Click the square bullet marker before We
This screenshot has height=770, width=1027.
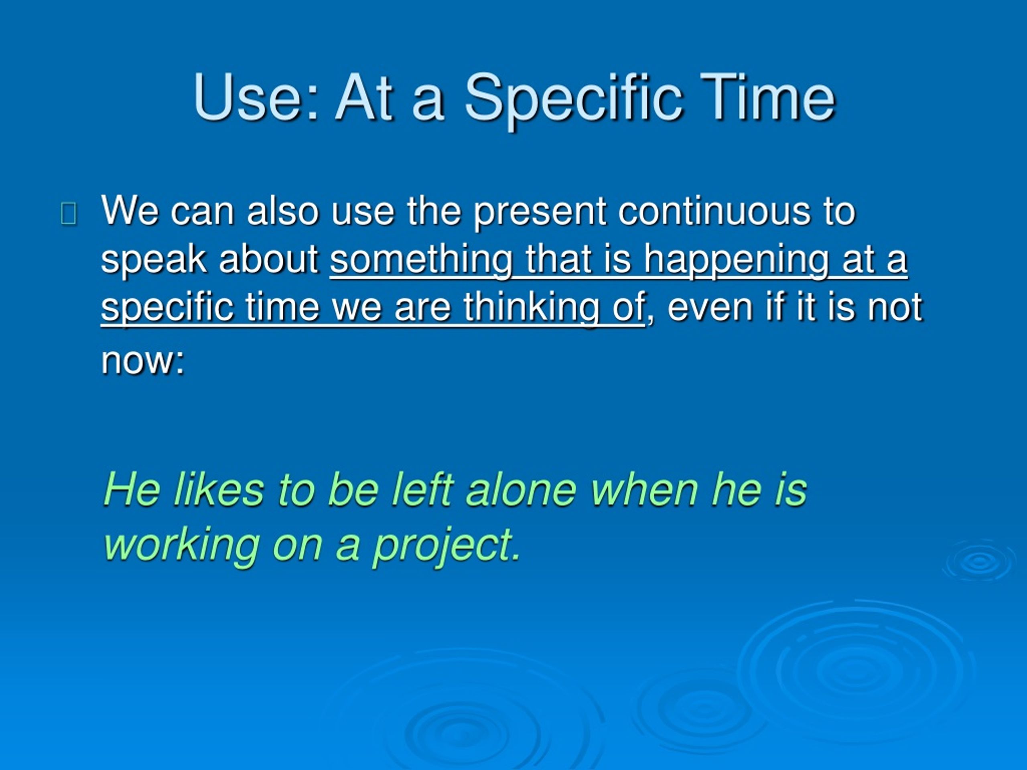[x=69, y=214]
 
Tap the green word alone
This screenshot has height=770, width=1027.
[x=522, y=490]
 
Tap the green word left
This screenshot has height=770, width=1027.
[x=422, y=490]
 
